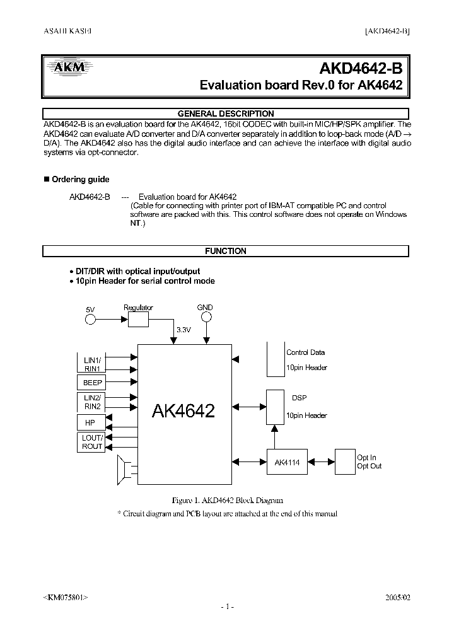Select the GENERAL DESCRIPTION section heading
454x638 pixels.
click(x=226, y=113)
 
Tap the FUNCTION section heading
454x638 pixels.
click(x=226, y=251)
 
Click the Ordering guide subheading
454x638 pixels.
click(x=80, y=180)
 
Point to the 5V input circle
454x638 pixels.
click(x=91, y=320)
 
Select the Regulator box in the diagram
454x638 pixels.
click(x=138, y=320)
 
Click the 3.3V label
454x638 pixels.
click(x=183, y=330)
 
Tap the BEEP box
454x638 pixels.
click(x=92, y=383)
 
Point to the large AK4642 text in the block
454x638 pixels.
click(x=183, y=411)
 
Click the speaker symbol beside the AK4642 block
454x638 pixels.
click(x=124, y=470)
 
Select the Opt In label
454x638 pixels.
click(x=366, y=458)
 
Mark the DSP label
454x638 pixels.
click(x=300, y=398)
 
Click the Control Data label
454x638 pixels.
click(x=305, y=352)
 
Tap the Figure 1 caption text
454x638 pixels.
click(x=225, y=500)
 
